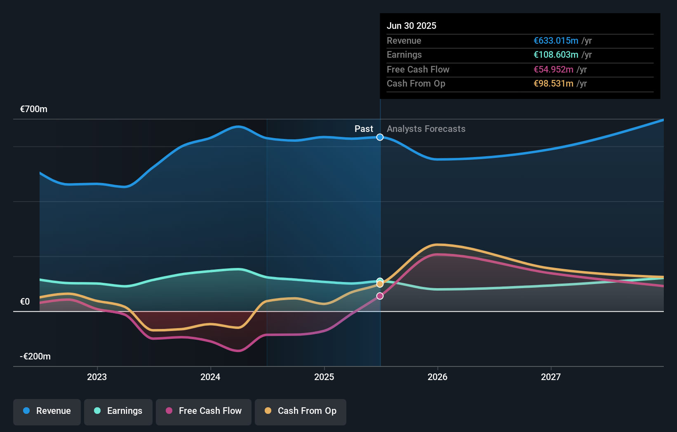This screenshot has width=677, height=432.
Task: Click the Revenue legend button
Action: pyautogui.click(x=47, y=411)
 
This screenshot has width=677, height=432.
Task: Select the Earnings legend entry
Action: pyautogui.click(x=118, y=411)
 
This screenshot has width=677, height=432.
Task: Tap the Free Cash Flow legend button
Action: pyautogui.click(x=204, y=411)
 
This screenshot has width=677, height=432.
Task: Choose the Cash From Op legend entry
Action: pyautogui.click(x=301, y=411)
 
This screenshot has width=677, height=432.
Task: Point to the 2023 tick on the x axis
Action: pyautogui.click(x=97, y=377)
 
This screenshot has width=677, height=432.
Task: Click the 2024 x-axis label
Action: pyautogui.click(x=210, y=377)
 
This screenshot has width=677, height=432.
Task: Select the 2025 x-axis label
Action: pyautogui.click(x=324, y=377)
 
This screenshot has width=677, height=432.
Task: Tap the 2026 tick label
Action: pyautogui.click(x=437, y=377)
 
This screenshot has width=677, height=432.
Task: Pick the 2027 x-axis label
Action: pyautogui.click(x=551, y=377)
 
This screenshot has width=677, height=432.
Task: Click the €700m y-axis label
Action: pyautogui.click(x=34, y=109)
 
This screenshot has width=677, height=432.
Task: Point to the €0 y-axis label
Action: pyautogui.click(x=25, y=302)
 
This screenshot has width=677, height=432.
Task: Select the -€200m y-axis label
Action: pyautogui.click(x=35, y=357)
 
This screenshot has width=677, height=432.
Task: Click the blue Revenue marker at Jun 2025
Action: pyautogui.click(x=380, y=137)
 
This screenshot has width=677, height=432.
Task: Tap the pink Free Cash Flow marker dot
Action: pyautogui.click(x=380, y=296)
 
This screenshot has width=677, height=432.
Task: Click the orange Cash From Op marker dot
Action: pyautogui.click(x=380, y=284)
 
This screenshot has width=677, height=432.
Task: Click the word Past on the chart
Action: pyautogui.click(x=364, y=129)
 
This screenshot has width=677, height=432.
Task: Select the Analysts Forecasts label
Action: pyautogui.click(x=426, y=129)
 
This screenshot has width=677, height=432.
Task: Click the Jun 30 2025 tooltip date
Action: pyautogui.click(x=411, y=26)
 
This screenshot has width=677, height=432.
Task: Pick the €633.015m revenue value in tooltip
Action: pyautogui.click(x=556, y=41)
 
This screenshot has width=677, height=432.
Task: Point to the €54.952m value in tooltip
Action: pyautogui.click(x=553, y=70)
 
